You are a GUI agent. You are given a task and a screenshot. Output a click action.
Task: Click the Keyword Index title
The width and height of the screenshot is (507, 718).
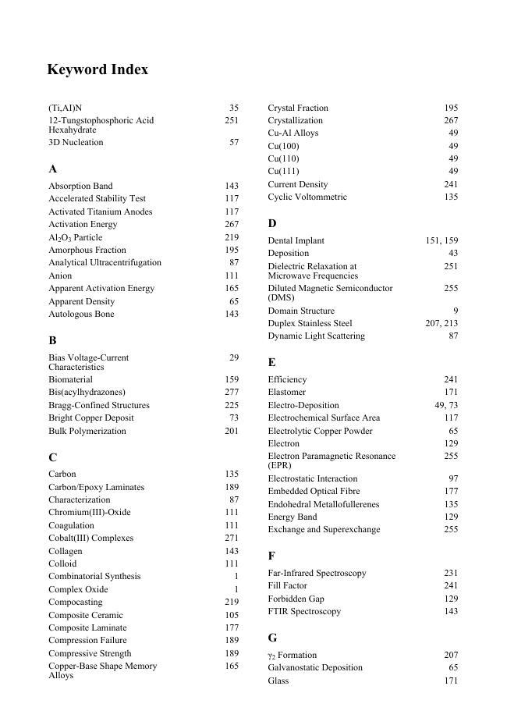pos(97,70)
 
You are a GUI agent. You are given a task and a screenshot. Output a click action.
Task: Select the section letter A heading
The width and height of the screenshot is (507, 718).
pos(52,169)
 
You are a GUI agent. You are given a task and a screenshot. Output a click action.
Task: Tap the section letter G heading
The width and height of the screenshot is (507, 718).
pos(272,638)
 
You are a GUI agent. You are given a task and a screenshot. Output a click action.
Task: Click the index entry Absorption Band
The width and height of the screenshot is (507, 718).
pos(80,186)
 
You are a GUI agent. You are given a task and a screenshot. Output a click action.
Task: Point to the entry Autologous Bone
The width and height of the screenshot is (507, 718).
pos(81,314)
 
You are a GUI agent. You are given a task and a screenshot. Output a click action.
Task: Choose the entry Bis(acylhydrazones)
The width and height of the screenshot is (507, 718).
pos(87,392)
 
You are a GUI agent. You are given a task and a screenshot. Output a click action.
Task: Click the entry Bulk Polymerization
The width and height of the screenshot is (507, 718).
pos(87,431)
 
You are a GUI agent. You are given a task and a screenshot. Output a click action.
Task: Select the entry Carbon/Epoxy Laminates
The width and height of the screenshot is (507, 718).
pos(96,487)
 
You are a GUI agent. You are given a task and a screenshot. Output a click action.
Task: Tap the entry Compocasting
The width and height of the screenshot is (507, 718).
pos(75,602)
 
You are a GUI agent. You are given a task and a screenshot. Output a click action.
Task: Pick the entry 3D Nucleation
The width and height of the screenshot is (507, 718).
pos(76,142)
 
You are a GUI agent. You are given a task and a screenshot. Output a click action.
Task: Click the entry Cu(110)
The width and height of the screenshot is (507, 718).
pos(283,158)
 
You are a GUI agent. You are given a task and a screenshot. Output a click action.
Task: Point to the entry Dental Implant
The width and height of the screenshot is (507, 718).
pos(296,240)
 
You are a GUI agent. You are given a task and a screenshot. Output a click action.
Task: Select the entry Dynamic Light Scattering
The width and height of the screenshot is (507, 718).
pos(316,336)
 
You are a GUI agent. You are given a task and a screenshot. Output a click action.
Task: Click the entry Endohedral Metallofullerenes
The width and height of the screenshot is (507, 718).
pos(324,504)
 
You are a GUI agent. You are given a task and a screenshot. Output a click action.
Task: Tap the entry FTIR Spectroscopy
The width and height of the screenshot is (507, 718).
pos(304,611)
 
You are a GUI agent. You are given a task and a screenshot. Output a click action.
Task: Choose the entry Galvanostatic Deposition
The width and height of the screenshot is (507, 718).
pos(315,667)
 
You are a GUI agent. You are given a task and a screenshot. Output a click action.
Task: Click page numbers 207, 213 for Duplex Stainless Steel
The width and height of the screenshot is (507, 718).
pos(441,323)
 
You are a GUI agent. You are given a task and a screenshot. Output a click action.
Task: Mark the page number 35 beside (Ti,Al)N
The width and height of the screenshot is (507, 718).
pos(234,108)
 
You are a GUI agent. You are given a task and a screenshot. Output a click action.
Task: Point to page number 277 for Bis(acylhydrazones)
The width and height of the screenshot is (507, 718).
pos(232,392)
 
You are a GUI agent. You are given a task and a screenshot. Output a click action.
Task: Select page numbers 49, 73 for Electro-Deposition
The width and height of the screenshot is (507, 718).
pos(446,405)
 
